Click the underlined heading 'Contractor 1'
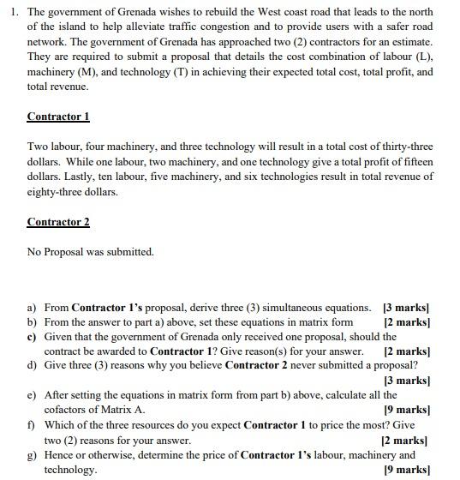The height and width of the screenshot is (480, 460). tap(58, 117)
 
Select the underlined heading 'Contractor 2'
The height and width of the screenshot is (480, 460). tap(58, 222)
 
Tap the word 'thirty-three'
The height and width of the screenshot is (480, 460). tap(404, 147)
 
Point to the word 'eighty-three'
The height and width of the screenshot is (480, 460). tap(56, 192)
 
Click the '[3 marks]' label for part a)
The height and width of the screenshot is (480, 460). tap(406, 307)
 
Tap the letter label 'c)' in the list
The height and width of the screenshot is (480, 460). tap(32, 337)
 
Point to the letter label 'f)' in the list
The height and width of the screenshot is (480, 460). tap(32, 425)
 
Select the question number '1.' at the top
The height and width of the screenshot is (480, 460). tap(12, 12)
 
